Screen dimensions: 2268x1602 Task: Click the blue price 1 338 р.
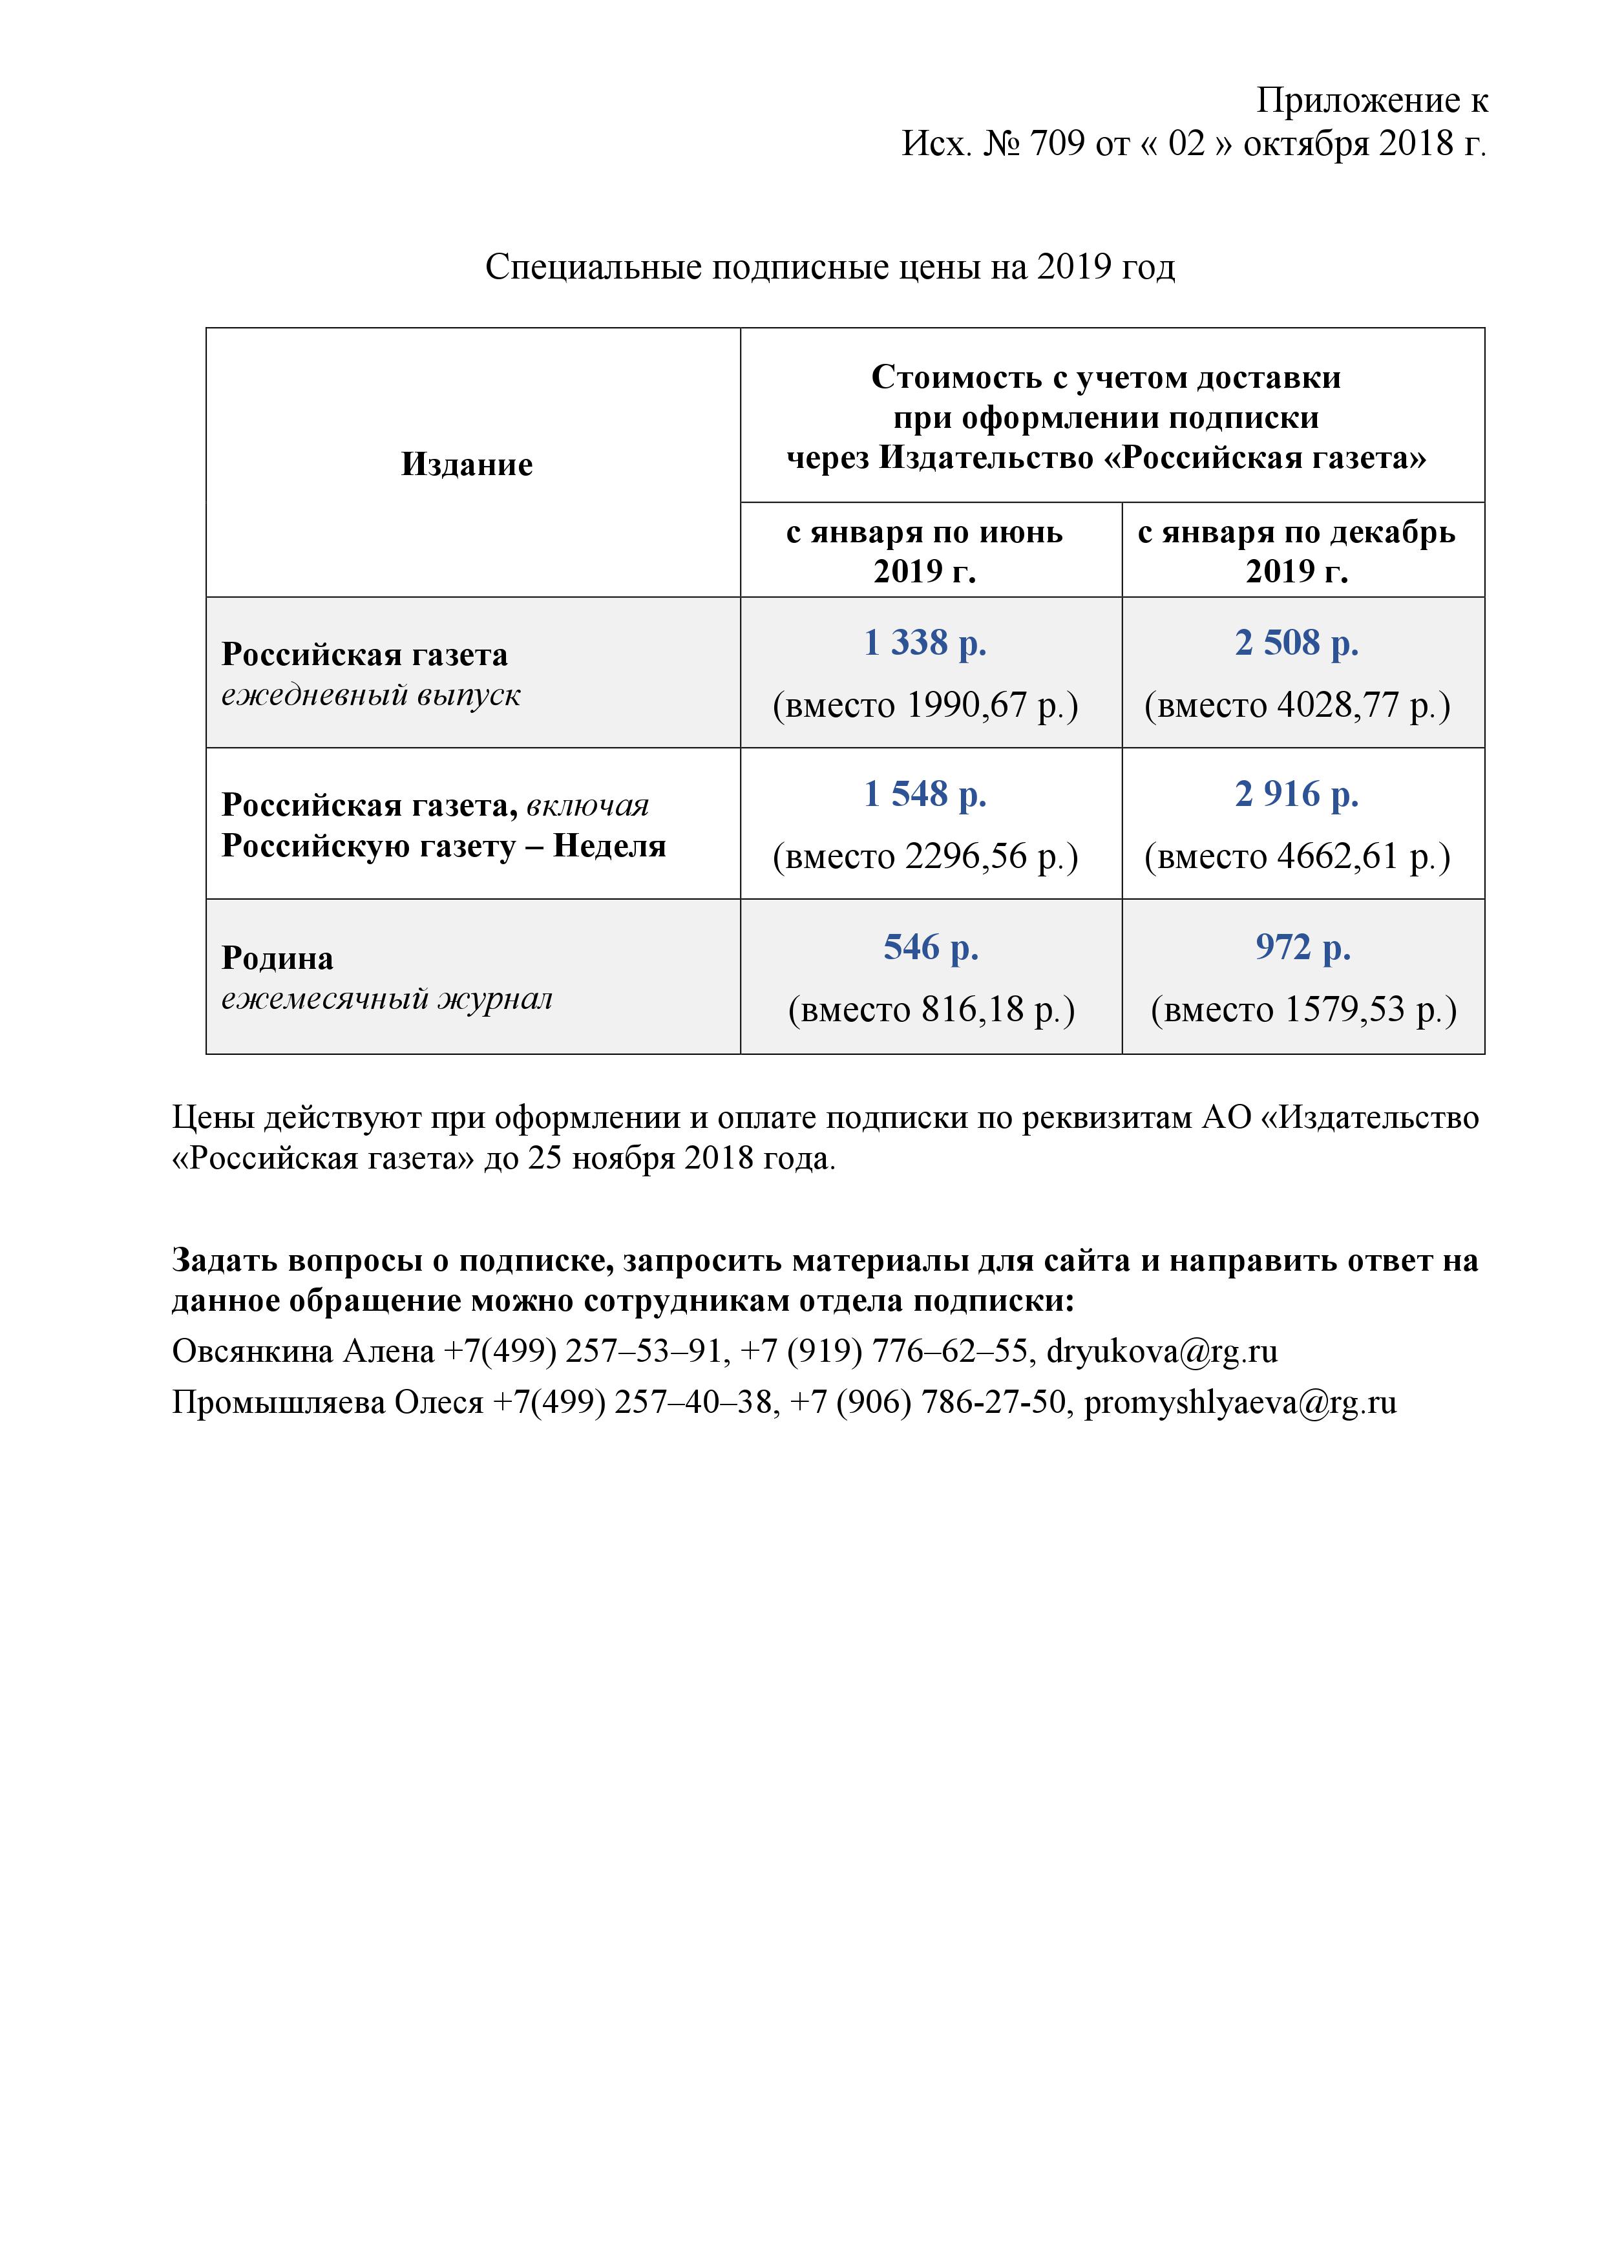[x=925, y=643]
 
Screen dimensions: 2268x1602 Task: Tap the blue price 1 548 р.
[x=925, y=794]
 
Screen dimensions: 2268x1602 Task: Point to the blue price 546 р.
[x=931, y=948]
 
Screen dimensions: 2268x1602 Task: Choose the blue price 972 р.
[x=1303, y=948]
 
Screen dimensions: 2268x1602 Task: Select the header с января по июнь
[x=925, y=533]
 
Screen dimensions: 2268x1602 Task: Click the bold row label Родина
[x=277, y=958]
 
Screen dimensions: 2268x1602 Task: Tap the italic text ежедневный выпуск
[x=370, y=695]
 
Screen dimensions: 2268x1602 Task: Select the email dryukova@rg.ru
[x=1161, y=1351]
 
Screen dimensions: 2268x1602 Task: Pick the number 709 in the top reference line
[x=1057, y=144]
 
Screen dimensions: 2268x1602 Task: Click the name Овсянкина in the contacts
[x=253, y=1351]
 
